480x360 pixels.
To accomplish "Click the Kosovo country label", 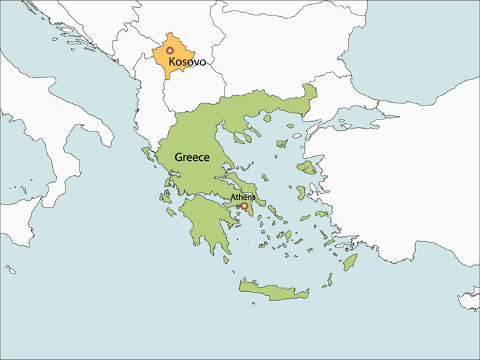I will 187,62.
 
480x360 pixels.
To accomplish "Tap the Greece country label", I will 191,157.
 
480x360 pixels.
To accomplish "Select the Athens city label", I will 243,198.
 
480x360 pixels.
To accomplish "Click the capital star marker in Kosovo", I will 170,51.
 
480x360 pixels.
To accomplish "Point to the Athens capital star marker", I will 244,206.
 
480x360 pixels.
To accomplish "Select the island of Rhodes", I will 350,262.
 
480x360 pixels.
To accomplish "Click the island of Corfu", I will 149,153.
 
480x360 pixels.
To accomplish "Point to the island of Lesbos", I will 307,167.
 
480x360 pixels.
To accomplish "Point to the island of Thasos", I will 267,117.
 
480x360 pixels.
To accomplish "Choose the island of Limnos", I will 282,143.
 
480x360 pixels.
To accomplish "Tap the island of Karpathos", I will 329,280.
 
